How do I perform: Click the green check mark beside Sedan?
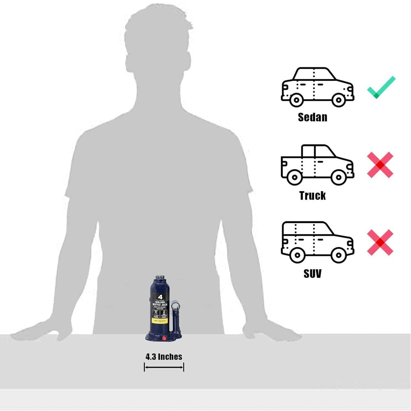(x=381, y=87)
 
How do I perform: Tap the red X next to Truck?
(x=380, y=165)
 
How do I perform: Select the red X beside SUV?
(x=380, y=242)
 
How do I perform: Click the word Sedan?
(x=313, y=117)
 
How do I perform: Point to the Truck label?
(x=313, y=196)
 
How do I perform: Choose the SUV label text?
(x=313, y=274)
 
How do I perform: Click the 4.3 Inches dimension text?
(x=164, y=357)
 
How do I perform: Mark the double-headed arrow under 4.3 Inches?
(x=164, y=367)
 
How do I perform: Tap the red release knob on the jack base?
(x=164, y=339)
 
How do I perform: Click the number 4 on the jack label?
(x=160, y=297)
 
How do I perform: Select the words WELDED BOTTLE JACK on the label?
(x=160, y=304)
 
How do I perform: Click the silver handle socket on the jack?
(x=175, y=306)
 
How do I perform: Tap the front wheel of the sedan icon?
(x=339, y=100)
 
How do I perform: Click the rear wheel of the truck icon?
(x=295, y=177)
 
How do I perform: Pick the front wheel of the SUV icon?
(x=339, y=255)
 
